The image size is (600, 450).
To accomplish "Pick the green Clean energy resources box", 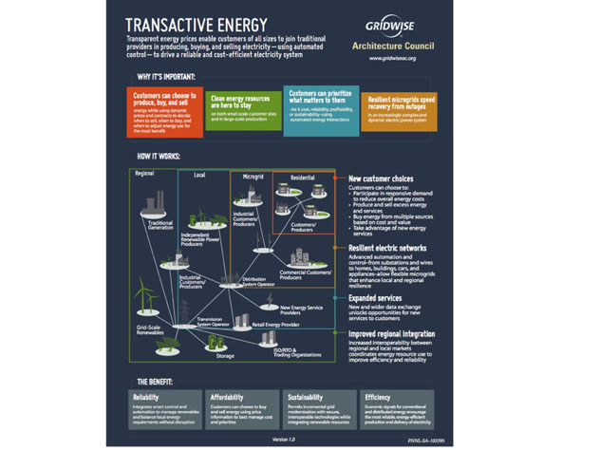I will pos(242,108).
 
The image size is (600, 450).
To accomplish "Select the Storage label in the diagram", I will pos(224,356).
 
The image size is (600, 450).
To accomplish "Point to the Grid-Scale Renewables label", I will pos(153,329).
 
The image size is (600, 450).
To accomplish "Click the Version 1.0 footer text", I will pos(284,439).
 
